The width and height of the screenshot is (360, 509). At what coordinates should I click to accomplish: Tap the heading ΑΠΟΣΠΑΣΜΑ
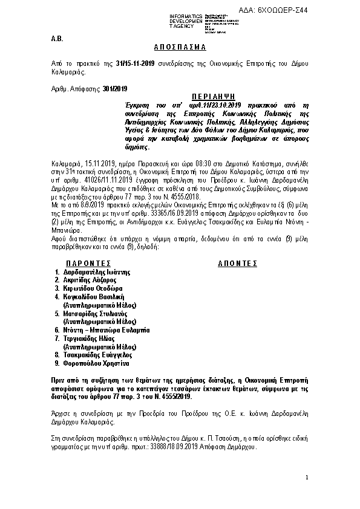pyautogui.click(x=180, y=47)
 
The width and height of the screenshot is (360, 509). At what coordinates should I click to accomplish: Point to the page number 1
pyautogui.click(x=307, y=478)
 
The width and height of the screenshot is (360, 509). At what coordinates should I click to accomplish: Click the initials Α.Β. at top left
pyautogui.click(x=56, y=38)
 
